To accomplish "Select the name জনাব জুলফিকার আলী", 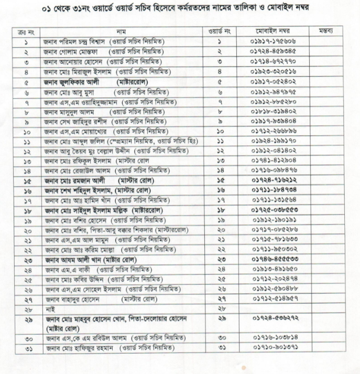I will tap(73, 82).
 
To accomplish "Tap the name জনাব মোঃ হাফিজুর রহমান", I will tap(79, 348).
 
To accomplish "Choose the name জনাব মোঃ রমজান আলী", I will tap(73, 180).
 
